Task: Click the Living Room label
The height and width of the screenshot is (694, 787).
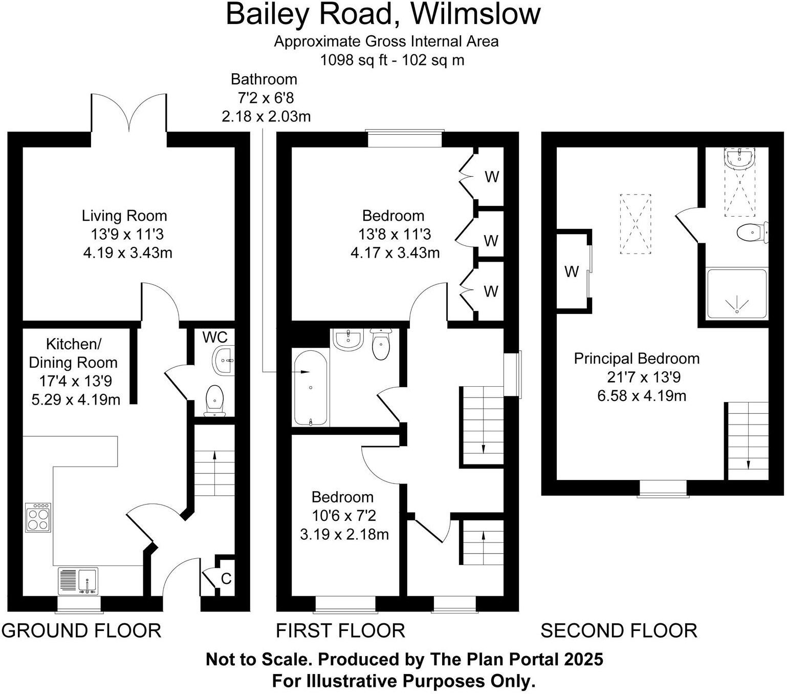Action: point(124,216)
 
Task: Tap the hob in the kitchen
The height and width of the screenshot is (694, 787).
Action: point(38,517)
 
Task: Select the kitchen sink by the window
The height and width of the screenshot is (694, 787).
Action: point(78,581)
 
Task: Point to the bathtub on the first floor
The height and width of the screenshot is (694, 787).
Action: point(311,388)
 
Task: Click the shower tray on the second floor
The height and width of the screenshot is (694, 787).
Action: point(737,293)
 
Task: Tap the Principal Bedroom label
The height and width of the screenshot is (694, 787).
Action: point(637,359)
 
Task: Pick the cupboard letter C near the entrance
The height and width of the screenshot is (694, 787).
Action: point(226,579)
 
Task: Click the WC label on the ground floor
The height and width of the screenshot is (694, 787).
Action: point(215,337)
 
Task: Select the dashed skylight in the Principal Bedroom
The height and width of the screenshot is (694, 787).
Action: point(636,224)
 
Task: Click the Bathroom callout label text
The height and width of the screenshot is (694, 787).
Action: point(264,79)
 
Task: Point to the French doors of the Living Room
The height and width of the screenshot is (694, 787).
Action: point(129,113)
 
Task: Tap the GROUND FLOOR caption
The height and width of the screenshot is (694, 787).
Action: point(81,630)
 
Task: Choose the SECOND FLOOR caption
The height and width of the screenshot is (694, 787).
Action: point(619,630)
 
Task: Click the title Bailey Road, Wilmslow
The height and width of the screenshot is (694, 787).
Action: point(383,14)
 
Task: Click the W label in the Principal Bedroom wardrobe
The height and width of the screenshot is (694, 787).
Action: point(572,272)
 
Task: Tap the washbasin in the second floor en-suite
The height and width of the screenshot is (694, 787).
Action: point(739,159)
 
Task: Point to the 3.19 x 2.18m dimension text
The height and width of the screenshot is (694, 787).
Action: point(344,534)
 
